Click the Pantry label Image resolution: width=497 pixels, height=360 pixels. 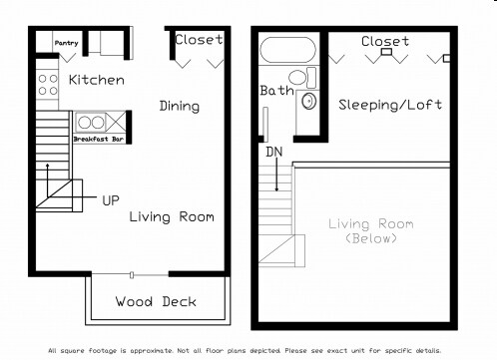[67, 43]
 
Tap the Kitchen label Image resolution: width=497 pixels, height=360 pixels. [97, 80]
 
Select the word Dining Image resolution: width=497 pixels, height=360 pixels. [180, 107]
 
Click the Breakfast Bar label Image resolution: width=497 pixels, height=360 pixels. [99, 139]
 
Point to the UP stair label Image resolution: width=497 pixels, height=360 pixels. [111, 200]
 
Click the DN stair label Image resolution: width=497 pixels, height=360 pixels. [274, 152]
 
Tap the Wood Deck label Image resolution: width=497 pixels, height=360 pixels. [156, 301]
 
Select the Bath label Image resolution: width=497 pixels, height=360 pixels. [276, 91]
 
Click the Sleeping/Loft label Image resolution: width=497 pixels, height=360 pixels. [390, 105]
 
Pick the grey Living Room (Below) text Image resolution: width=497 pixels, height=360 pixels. [371, 231]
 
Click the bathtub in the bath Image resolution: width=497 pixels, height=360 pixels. [288, 50]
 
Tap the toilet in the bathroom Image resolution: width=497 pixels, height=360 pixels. [302, 77]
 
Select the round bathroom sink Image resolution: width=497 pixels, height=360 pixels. [309, 101]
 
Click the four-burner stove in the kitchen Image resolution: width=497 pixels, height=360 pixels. [48, 85]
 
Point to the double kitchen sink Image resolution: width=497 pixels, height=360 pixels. [91, 123]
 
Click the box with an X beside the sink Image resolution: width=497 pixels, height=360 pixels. [116, 122]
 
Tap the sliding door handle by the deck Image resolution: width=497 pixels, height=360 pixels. [132, 275]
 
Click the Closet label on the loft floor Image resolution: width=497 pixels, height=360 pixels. [385, 42]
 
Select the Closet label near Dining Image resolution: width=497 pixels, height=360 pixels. [199, 40]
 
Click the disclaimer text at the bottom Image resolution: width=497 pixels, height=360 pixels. [245, 351]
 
